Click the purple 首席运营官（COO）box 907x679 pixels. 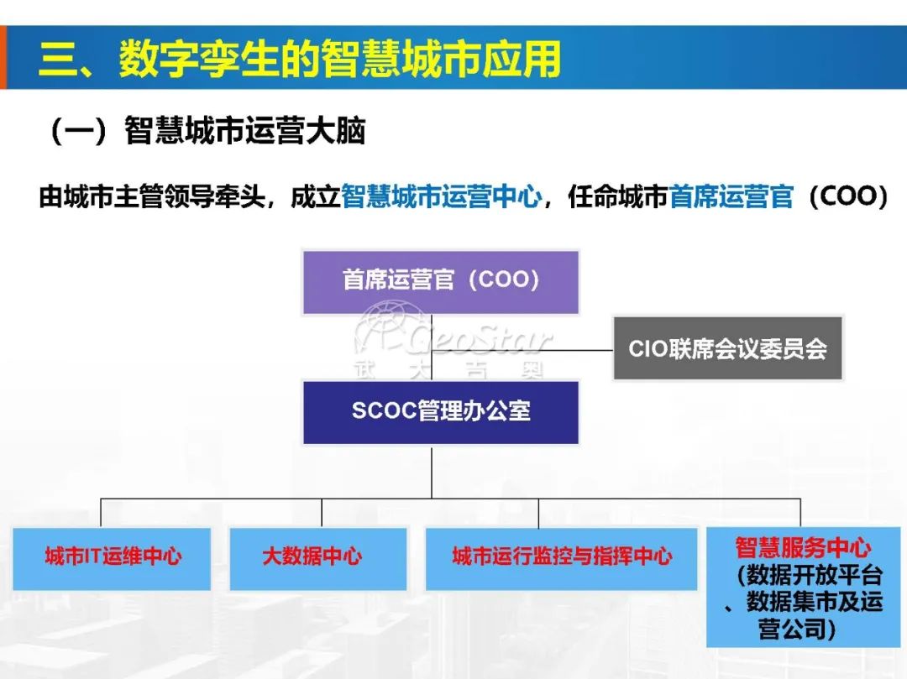click(440, 281)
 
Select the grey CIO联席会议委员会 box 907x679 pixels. click(727, 348)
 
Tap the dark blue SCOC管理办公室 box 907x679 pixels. click(440, 412)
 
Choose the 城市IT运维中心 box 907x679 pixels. click(113, 557)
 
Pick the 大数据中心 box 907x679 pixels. click(317, 557)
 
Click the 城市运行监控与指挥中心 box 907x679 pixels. click(561, 557)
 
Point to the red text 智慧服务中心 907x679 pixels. click(803, 548)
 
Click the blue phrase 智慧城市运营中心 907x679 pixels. click(441, 197)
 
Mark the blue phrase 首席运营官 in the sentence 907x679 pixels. click(731, 197)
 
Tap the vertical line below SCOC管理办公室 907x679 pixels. click(432, 472)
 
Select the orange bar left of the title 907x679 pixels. click(3, 58)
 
